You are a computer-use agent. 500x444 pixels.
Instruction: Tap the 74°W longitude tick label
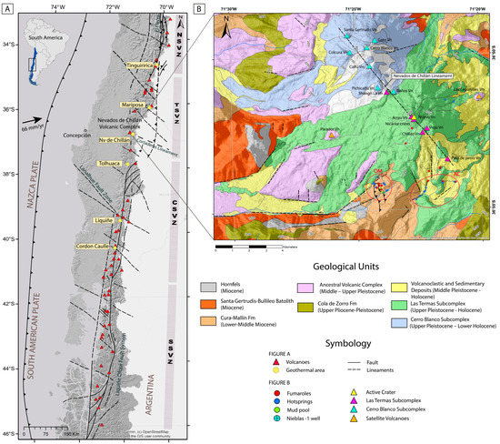point(57,8)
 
